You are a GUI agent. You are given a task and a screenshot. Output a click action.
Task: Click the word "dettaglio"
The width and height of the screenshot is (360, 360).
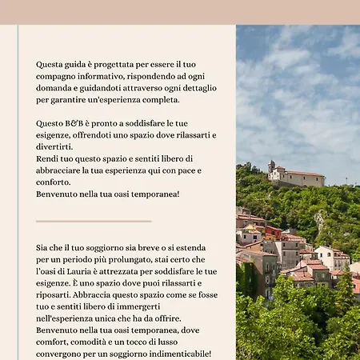[x=196, y=87]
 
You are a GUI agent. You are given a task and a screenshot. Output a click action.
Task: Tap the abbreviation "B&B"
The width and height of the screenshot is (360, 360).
[x=82, y=123]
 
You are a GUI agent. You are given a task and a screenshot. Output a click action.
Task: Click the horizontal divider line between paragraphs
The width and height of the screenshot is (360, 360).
[x=94, y=221]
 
